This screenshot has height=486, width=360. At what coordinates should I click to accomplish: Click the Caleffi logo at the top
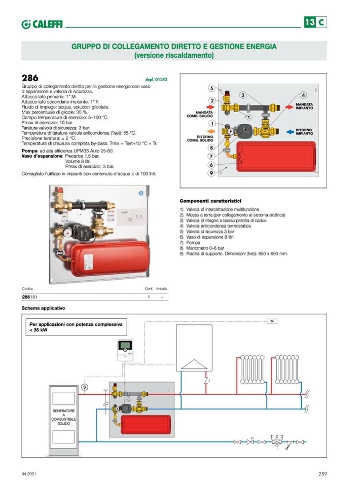pos(42,24)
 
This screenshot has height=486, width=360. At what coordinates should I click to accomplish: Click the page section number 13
pos(309,22)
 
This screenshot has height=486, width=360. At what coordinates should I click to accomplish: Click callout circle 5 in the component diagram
pos(212,87)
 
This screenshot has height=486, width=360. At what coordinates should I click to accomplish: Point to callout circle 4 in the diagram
pos(303,95)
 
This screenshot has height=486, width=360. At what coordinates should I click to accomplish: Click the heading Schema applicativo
pos(43,308)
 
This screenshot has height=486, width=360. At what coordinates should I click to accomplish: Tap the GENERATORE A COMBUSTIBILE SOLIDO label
pos(64,417)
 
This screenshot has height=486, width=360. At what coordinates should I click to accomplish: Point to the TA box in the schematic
pos(272,321)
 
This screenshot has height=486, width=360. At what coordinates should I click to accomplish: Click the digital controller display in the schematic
pos(125,347)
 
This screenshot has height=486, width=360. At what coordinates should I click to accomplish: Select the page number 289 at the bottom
pos(322,474)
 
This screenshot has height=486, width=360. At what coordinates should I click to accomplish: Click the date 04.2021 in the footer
pos(29,474)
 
